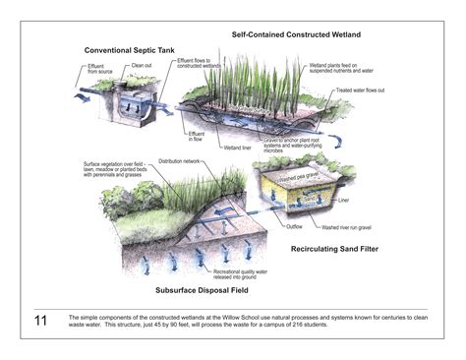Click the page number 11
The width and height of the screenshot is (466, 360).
coord(40,321)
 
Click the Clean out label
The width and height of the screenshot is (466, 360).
coord(140,66)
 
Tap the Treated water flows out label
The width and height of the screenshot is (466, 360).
coord(386,91)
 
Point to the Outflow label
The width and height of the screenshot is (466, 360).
coord(296,226)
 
